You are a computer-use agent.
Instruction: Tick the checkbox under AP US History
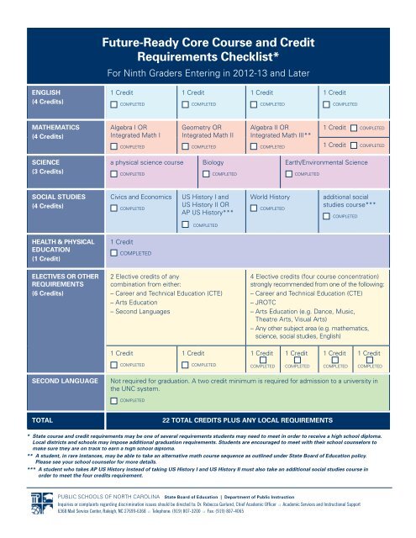coord(185,225)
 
